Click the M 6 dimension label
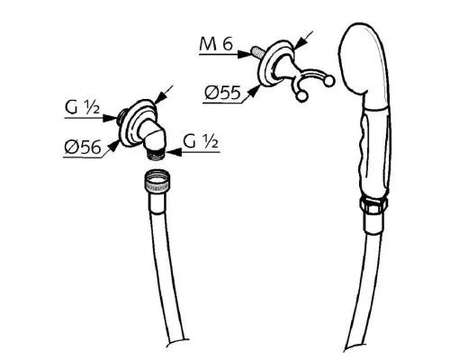(x=216, y=45)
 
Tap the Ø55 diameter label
(x=222, y=93)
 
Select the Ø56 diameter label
(x=83, y=148)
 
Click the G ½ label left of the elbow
(x=82, y=107)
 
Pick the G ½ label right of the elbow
(x=201, y=141)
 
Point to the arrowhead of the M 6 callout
(x=244, y=54)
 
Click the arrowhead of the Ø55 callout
(x=255, y=90)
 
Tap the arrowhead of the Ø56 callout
(x=113, y=146)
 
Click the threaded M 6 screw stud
(x=256, y=51)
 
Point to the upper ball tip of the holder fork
(x=329, y=81)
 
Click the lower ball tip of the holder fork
(x=301, y=96)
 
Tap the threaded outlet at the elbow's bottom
(x=156, y=153)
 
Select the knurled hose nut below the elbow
(x=157, y=182)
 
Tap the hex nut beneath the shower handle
(x=373, y=205)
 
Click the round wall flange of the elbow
(x=138, y=123)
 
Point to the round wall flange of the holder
(x=276, y=64)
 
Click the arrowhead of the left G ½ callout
(x=110, y=118)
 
